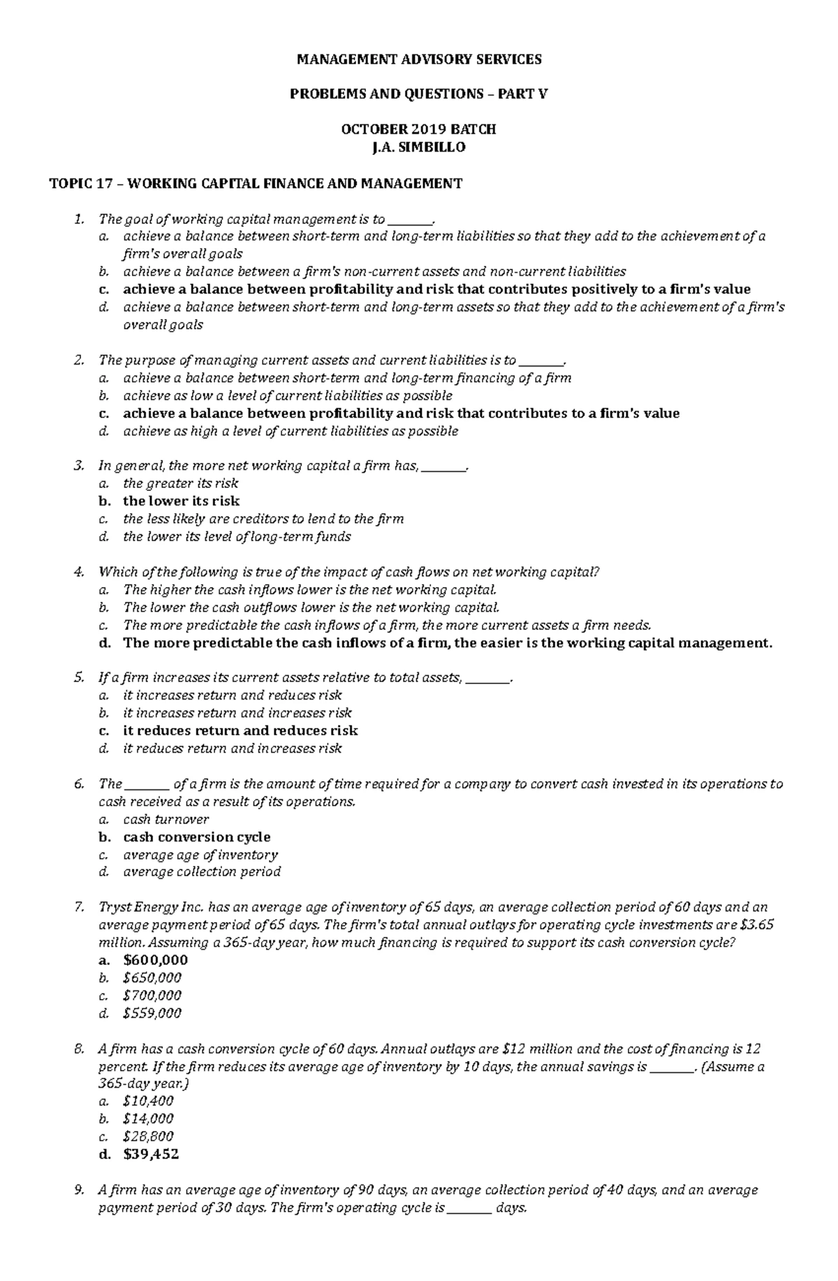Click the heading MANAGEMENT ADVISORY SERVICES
419,59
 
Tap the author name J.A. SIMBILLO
419,147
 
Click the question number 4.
78,572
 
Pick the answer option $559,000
152,1013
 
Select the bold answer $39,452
151,1154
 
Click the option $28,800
148,1136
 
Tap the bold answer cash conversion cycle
196,836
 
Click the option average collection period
202,871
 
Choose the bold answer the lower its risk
181,501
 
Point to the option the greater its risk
180,483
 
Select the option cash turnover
166,819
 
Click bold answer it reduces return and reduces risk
240,730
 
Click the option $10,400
148,1101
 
